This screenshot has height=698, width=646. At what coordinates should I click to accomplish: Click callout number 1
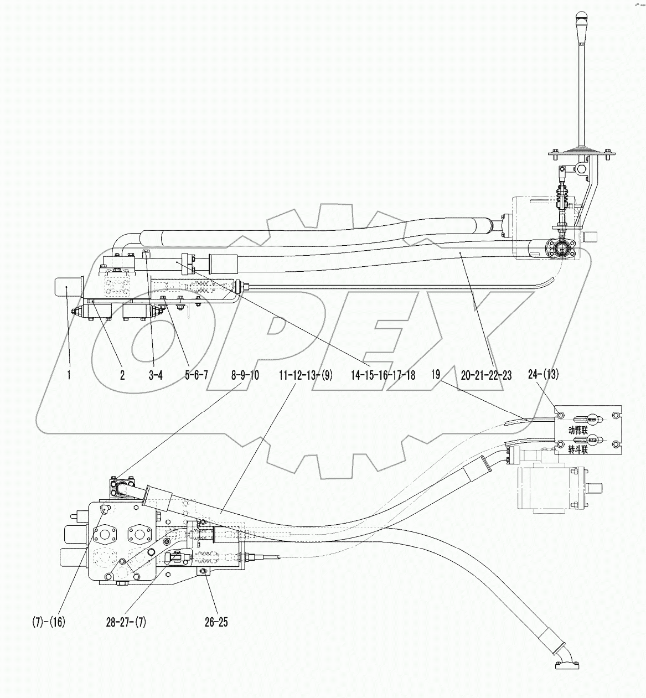69,375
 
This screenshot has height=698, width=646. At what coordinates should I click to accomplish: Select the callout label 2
122,375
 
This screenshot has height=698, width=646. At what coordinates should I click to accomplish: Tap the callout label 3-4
156,375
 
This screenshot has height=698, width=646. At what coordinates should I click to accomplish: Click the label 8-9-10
245,375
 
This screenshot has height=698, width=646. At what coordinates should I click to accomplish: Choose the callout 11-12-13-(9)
306,375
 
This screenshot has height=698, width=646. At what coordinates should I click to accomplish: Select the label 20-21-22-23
486,375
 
